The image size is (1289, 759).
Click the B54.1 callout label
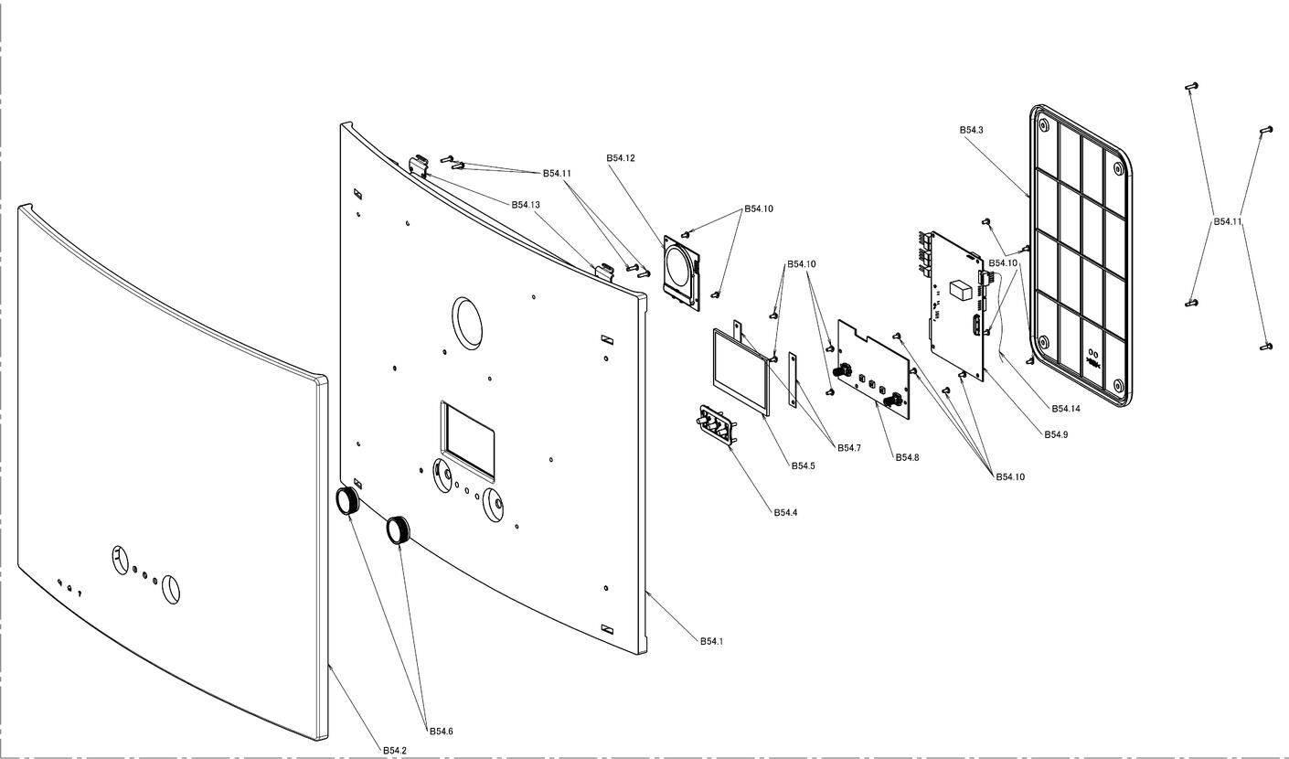[711, 641]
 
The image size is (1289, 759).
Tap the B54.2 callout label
[394, 750]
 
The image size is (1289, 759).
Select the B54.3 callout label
[971, 130]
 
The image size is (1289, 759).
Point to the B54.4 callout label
[785, 512]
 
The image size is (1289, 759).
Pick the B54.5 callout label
[803, 465]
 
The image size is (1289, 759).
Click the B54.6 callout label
[441, 731]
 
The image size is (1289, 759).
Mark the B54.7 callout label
[849, 447]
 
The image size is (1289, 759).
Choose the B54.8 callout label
[907, 456]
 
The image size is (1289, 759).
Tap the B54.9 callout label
[1056, 434]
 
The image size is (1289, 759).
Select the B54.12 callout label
[620, 157]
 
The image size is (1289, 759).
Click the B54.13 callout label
[526, 204]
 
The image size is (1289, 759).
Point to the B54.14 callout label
[1066, 409]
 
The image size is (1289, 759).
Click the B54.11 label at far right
[1227, 221]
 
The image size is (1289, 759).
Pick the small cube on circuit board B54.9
[961, 290]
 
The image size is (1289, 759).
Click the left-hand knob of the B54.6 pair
[347, 501]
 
